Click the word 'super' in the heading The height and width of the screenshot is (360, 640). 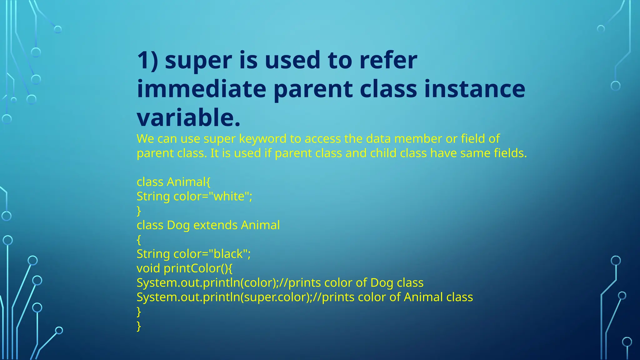pos(198,61)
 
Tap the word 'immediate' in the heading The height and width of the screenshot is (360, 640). pos(202,89)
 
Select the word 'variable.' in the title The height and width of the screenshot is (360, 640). pos(189,118)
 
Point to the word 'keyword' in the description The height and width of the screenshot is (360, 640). pos(262,139)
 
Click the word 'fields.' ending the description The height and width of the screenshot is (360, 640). pos(510,153)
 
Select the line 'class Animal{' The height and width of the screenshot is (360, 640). pos(173,182)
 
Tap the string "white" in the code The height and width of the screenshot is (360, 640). pos(231,196)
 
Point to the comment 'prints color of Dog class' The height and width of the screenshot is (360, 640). pos(356,282)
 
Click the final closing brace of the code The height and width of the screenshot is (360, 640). pos(139,326)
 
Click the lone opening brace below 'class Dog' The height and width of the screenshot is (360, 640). pos(139,240)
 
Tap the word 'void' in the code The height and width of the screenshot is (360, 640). pos(148,268)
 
